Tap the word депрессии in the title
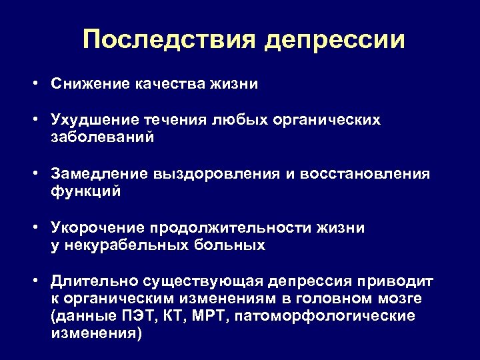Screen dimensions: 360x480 pos(334,41)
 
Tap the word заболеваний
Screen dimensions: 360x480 pos(103,138)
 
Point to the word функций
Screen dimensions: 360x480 pos(85,192)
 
